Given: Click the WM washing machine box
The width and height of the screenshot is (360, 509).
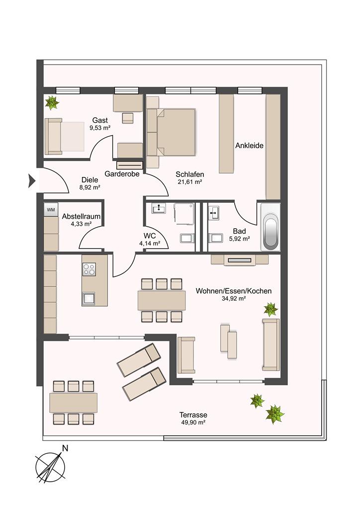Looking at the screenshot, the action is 51,210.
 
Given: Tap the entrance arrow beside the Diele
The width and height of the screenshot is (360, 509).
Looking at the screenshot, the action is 32,181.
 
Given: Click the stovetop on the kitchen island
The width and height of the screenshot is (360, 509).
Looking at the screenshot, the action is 89,269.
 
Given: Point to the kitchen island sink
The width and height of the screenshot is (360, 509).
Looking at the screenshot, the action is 89,298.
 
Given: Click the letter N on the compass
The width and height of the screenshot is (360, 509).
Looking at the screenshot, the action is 65,448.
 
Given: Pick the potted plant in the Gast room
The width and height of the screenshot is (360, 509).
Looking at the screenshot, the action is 52,102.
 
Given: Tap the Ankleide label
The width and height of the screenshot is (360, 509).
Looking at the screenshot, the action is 249,146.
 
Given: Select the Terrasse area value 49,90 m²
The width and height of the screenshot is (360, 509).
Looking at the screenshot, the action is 193,423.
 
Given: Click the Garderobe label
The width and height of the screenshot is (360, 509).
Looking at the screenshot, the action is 122,174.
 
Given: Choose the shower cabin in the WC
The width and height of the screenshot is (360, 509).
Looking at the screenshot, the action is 184,213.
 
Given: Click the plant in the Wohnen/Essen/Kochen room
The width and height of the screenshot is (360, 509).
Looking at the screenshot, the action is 270,309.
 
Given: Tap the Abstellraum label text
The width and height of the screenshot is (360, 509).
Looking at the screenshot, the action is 81,217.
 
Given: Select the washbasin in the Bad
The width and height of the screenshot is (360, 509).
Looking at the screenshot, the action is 214,212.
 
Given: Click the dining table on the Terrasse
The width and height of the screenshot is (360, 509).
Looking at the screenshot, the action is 74,403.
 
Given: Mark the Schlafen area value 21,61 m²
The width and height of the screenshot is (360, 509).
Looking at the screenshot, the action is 190,182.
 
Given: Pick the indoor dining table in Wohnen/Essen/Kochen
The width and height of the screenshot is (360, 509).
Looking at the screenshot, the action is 162,300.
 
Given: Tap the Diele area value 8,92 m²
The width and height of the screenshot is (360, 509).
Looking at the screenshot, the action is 90,187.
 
